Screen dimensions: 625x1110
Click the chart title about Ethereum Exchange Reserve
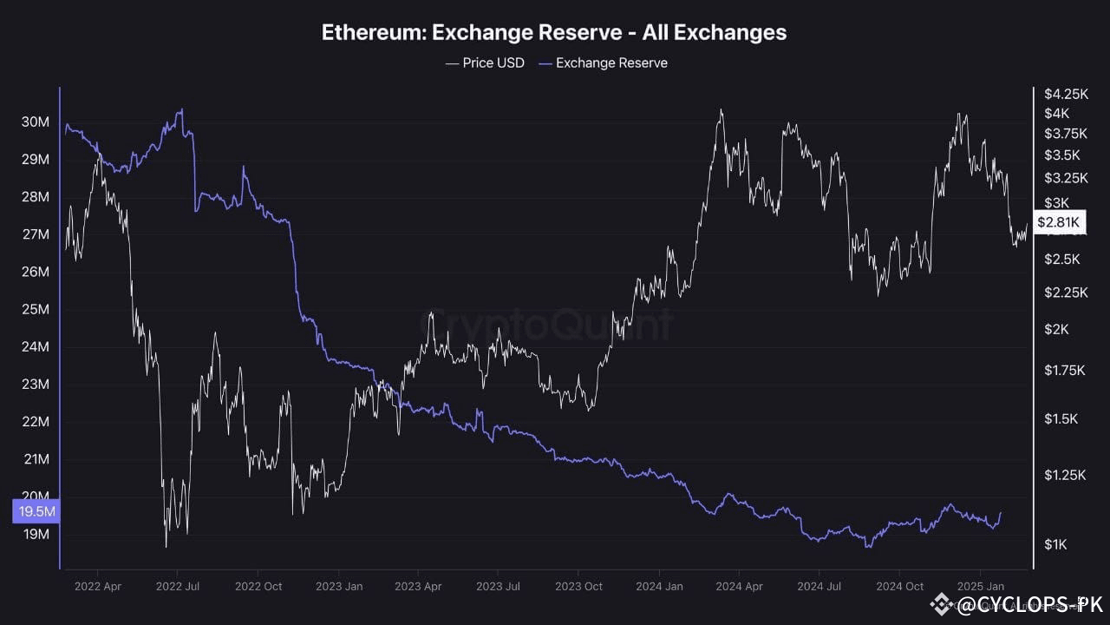[x=554, y=33]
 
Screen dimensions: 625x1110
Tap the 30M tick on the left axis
[x=35, y=122]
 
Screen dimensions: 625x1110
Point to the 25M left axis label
[x=35, y=310]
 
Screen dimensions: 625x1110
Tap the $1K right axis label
[x=1056, y=544]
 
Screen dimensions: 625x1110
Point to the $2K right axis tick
[x=1056, y=329]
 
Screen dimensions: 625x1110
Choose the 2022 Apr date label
[x=97, y=586]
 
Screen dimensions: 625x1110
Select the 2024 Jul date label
[x=819, y=586]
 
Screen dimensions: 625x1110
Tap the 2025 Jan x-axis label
[x=980, y=586]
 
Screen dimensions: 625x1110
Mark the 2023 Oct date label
[x=578, y=586]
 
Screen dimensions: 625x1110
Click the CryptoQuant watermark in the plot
[x=546, y=326]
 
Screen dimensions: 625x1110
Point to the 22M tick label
[x=35, y=422]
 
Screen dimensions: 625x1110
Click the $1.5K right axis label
[x=1061, y=419]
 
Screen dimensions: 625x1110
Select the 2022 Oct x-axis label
[x=258, y=586]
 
